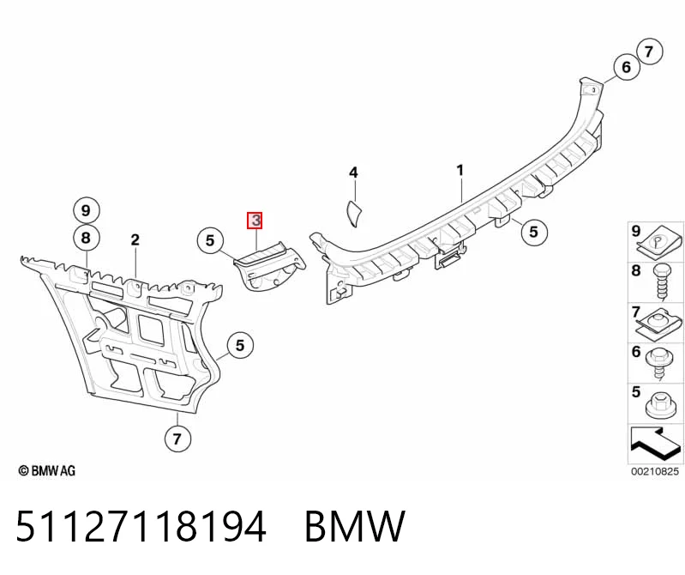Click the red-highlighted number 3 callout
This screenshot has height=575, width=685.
(255, 221)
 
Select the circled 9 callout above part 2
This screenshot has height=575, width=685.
(86, 211)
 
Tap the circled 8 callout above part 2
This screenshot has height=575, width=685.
(86, 238)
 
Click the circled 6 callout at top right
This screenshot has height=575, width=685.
(627, 67)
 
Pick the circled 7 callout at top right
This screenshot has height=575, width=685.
(649, 51)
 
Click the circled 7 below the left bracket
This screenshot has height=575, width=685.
(177, 439)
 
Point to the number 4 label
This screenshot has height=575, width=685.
(353, 172)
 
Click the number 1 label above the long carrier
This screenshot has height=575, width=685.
(460, 170)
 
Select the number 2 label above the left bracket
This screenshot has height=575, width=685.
(135, 239)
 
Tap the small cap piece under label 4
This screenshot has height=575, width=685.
(353, 214)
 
